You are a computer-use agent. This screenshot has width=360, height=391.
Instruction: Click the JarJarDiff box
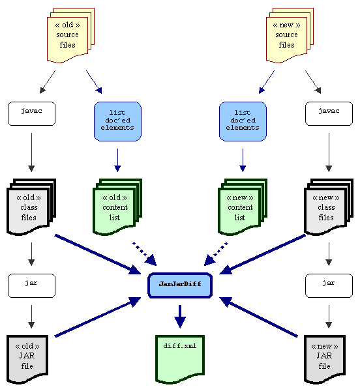click(x=180, y=285)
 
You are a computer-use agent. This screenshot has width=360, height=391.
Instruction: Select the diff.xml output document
click(x=180, y=359)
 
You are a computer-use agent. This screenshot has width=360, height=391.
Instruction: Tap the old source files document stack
click(x=70, y=35)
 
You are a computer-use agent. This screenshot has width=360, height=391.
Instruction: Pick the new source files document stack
click(x=290, y=35)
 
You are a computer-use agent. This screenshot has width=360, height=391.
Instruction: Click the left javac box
click(x=32, y=113)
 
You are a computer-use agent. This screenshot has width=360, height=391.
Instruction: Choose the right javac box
click(x=329, y=113)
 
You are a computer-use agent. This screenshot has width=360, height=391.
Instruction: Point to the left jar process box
click(x=32, y=286)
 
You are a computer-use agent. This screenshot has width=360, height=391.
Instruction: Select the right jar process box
click(x=329, y=286)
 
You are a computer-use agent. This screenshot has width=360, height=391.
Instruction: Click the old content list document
click(x=117, y=207)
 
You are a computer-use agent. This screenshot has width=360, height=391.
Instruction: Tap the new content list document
click(x=243, y=207)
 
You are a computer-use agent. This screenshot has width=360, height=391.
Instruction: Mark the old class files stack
click(x=31, y=207)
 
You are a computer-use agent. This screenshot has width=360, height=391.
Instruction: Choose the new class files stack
click(x=329, y=207)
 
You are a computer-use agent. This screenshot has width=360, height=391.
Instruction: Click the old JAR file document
click(x=27, y=359)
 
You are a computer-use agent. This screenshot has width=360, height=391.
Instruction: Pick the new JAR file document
click(x=325, y=359)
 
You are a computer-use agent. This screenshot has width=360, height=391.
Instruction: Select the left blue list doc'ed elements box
click(x=117, y=121)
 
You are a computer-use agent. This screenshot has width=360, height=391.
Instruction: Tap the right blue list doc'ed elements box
click(x=243, y=121)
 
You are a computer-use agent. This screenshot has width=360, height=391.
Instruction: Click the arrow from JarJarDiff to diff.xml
click(x=180, y=317)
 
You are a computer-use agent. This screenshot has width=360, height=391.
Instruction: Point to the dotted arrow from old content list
click(x=145, y=254)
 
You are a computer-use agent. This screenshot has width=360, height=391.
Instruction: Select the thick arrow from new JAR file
click(x=258, y=317)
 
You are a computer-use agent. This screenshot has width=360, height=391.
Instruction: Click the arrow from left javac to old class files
click(x=31, y=152)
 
